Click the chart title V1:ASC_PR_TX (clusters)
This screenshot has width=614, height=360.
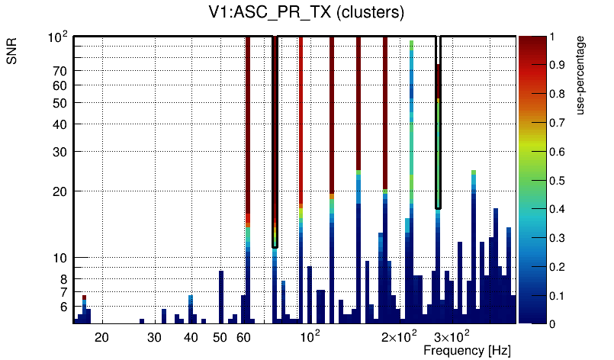306,13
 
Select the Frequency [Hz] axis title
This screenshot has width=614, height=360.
467,350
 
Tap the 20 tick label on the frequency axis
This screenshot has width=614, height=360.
101,337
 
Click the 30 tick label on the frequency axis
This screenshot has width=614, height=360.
154,337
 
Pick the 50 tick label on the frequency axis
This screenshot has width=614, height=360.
220,337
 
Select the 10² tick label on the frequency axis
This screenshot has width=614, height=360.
310,336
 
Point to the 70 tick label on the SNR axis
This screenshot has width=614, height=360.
61,71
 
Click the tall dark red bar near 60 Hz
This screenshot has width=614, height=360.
248,130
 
